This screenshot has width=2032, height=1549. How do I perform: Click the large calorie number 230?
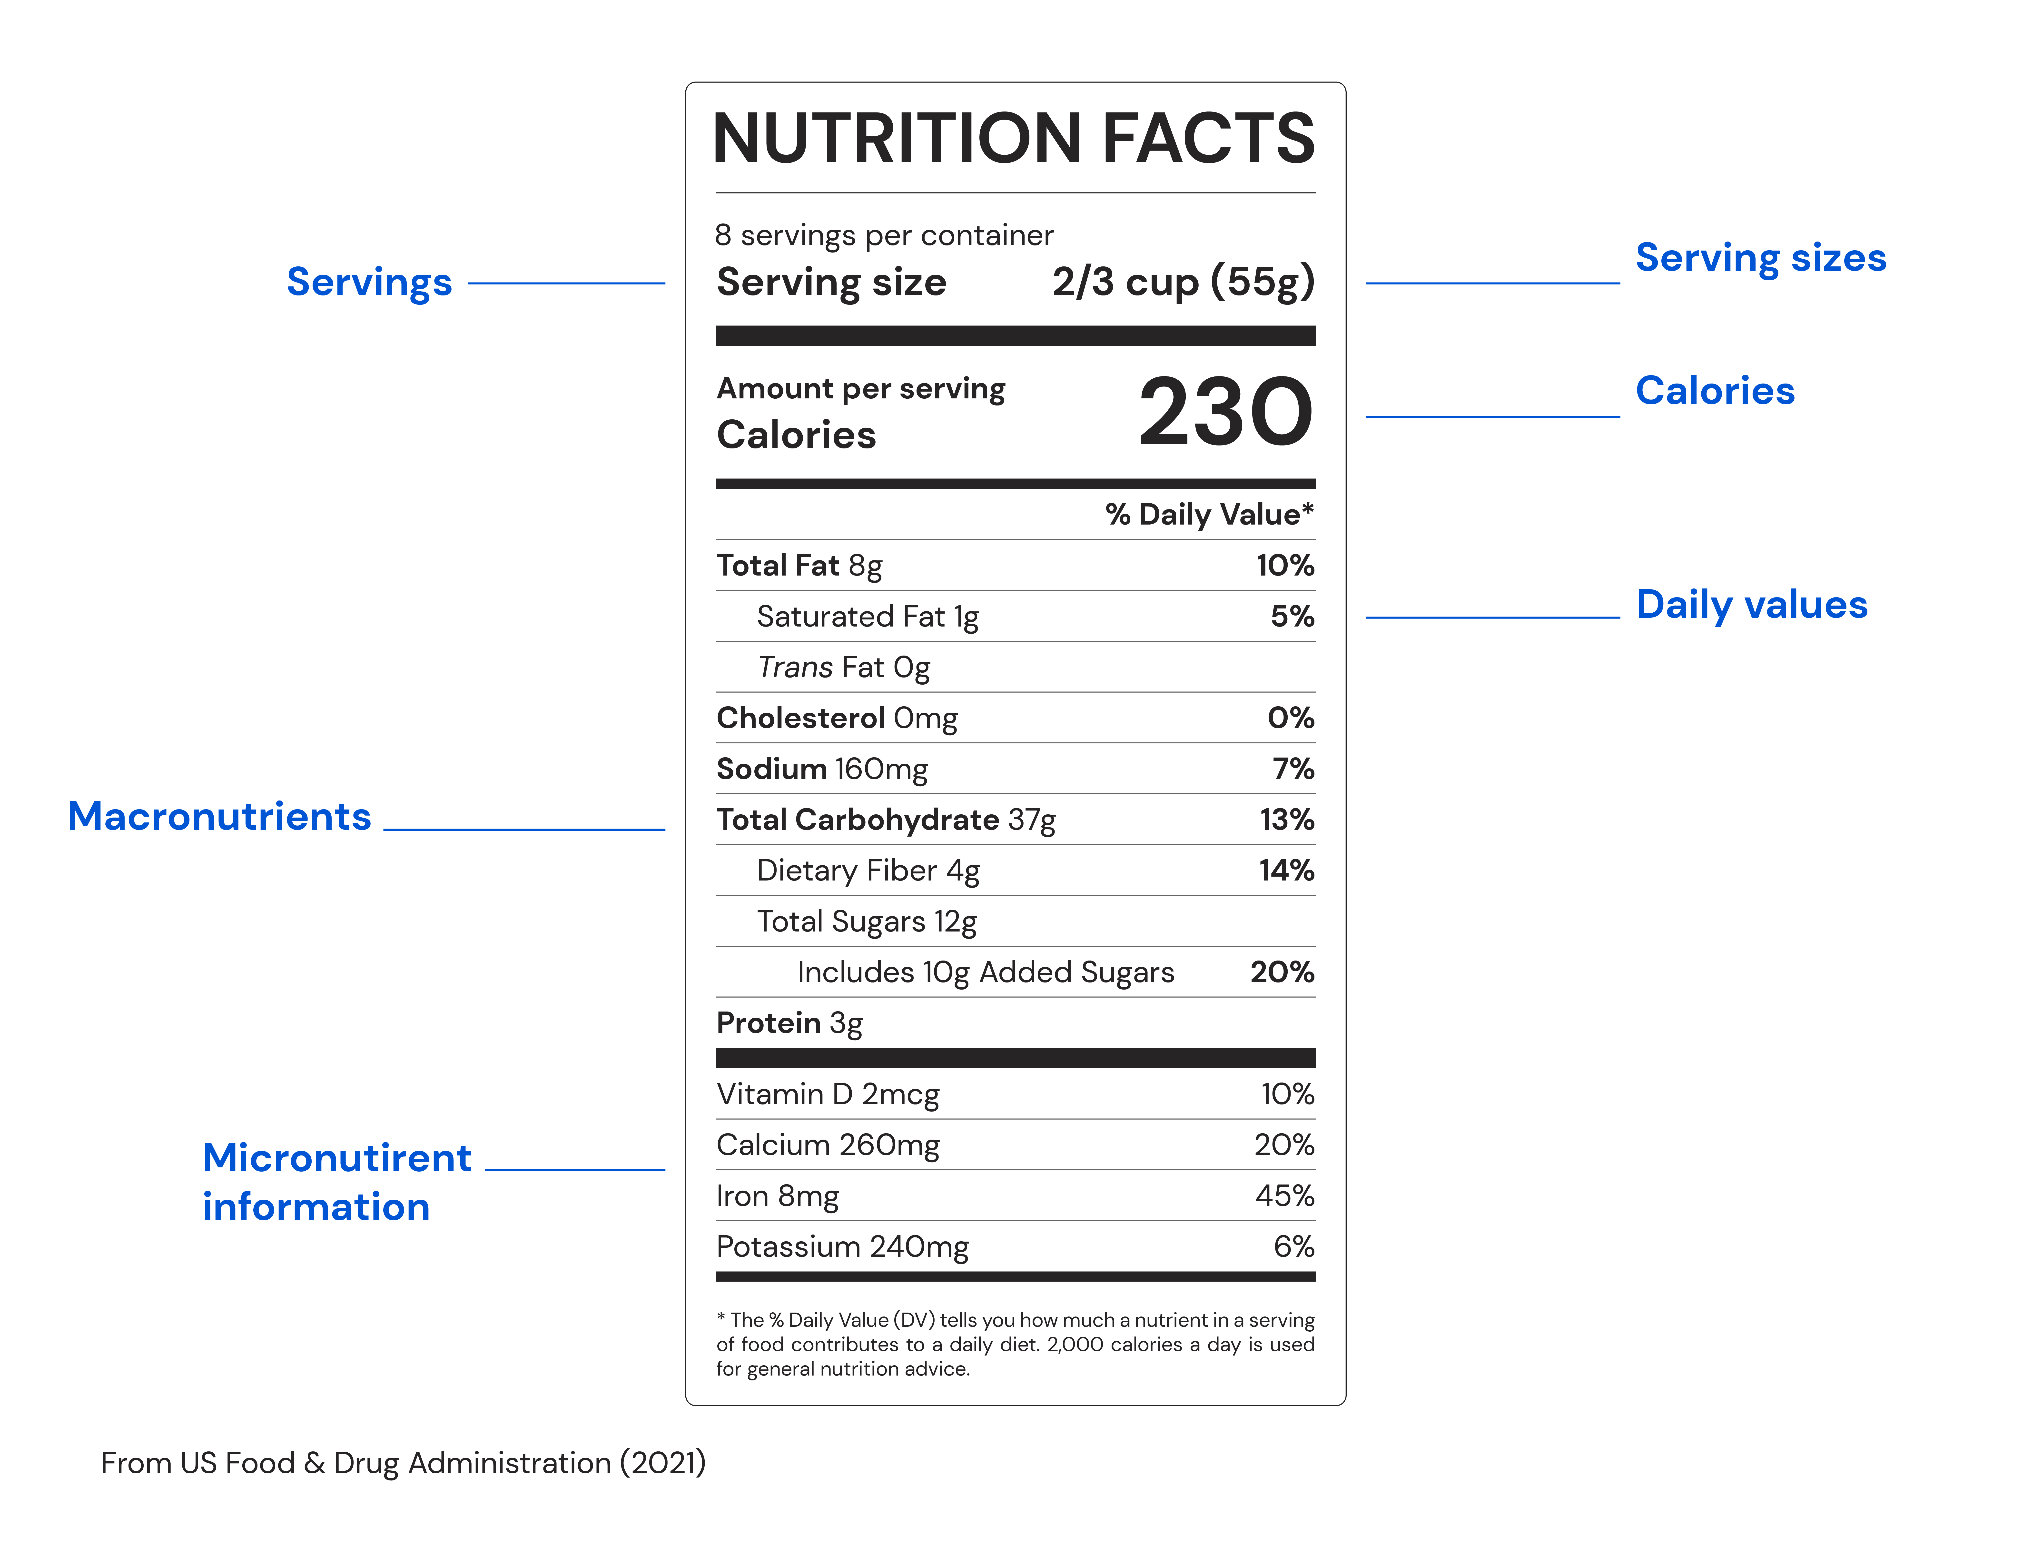click(x=1226, y=412)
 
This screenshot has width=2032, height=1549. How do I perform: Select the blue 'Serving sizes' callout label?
click(x=1760, y=258)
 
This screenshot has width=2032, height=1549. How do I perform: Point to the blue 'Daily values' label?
click(x=1751, y=605)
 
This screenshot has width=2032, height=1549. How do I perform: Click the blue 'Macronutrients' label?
click(x=219, y=817)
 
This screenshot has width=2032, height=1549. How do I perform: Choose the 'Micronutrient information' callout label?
click(x=336, y=1182)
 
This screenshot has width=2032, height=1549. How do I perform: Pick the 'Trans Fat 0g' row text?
click(x=843, y=668)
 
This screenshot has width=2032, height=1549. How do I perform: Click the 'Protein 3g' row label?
click(x=790, y=1023)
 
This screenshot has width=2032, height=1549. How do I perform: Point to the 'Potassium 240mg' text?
click(x=842, y=1246)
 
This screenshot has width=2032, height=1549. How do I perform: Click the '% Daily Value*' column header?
click(x=1209, y=515)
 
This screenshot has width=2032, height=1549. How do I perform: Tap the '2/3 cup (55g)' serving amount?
click(x=1183, y=282)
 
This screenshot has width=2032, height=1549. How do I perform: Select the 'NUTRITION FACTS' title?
click(x=1014, y=138)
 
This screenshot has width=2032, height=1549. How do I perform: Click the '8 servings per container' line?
click(x=884, y=236)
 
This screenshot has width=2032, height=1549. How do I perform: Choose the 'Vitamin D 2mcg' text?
click(x=828, y=1094)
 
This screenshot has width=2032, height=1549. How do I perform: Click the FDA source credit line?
click(x=403, y=1463)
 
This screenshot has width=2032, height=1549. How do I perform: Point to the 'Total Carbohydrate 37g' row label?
click(x=886, y=820)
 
